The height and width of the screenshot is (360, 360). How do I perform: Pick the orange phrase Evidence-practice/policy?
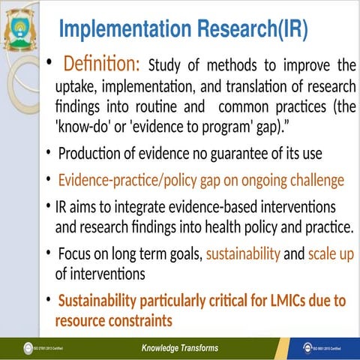pyautogui.click(x=127, y=181)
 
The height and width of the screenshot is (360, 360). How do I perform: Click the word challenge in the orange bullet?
pyautogui.click(x=314, y=181)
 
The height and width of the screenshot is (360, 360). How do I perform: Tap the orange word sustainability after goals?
pyautogui.click(x=243, y=254)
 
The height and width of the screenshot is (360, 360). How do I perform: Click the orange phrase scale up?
pyautogui.click(x=330, y=254)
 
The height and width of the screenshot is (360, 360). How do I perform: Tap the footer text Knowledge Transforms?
pyautogui.click(x=180, y=348)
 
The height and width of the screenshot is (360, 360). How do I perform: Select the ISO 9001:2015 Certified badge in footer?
pyautogui.click(x=322, y=349)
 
